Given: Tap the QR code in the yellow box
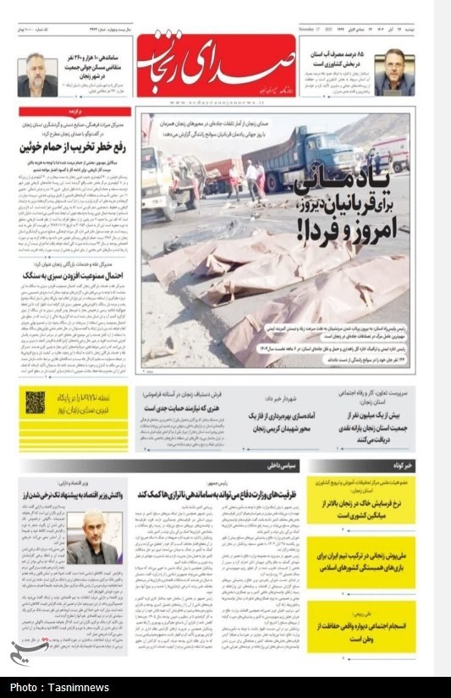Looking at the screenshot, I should (x=35, y=402).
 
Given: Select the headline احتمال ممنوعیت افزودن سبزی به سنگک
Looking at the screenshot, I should (x=74, y=275).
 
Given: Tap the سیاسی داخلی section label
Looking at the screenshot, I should (x=283, y=466).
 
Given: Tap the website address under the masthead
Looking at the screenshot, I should (x=215, y=101).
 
